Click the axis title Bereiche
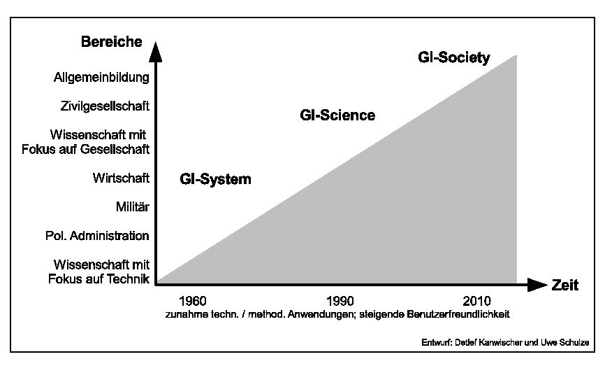click(111, 42)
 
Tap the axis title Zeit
click(565, 285)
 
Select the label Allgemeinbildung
click(101, 78)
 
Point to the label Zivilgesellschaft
click(105, 106)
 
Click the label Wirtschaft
click(121, 178)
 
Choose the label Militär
click(133, 206)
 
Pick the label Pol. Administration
click(97, 236)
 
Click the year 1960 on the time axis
click(193, 302)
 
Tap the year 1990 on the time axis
click(340, 302)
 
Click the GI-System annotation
click(215, 179)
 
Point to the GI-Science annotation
click(337, 115)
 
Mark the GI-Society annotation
click(454, 57)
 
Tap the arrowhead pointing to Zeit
click(537, 285)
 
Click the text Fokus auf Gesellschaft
click(100, 149)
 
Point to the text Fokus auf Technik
click(99, 279)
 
